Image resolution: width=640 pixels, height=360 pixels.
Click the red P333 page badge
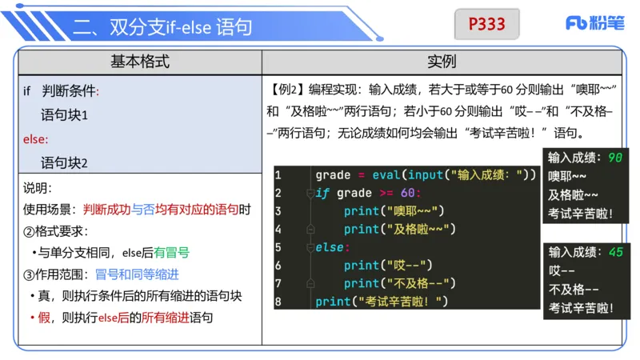[x=486, y=25]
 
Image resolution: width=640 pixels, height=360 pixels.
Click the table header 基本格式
[x=140, y=62]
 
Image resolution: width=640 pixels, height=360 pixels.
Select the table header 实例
[x=442, y=62]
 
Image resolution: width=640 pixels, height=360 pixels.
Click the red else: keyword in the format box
[x=35, y=139]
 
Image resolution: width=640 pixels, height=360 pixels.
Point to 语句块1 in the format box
[x=64, y=115]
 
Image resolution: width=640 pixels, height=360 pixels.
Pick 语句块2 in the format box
[x=64, y=162]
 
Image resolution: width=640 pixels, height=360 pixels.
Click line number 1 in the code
[x=278, y=175]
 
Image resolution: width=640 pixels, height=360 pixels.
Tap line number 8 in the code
[x=278, y=302]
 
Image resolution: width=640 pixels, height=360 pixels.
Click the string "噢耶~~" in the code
[x=413, y=211]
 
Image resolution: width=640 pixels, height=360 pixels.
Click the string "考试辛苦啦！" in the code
[x=404, y=302]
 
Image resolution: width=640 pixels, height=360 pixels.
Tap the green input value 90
[x=614, y=157]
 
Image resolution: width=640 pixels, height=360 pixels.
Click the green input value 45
[x=615, y=252]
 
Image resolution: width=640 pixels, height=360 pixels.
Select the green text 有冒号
[x=172, y=252]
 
